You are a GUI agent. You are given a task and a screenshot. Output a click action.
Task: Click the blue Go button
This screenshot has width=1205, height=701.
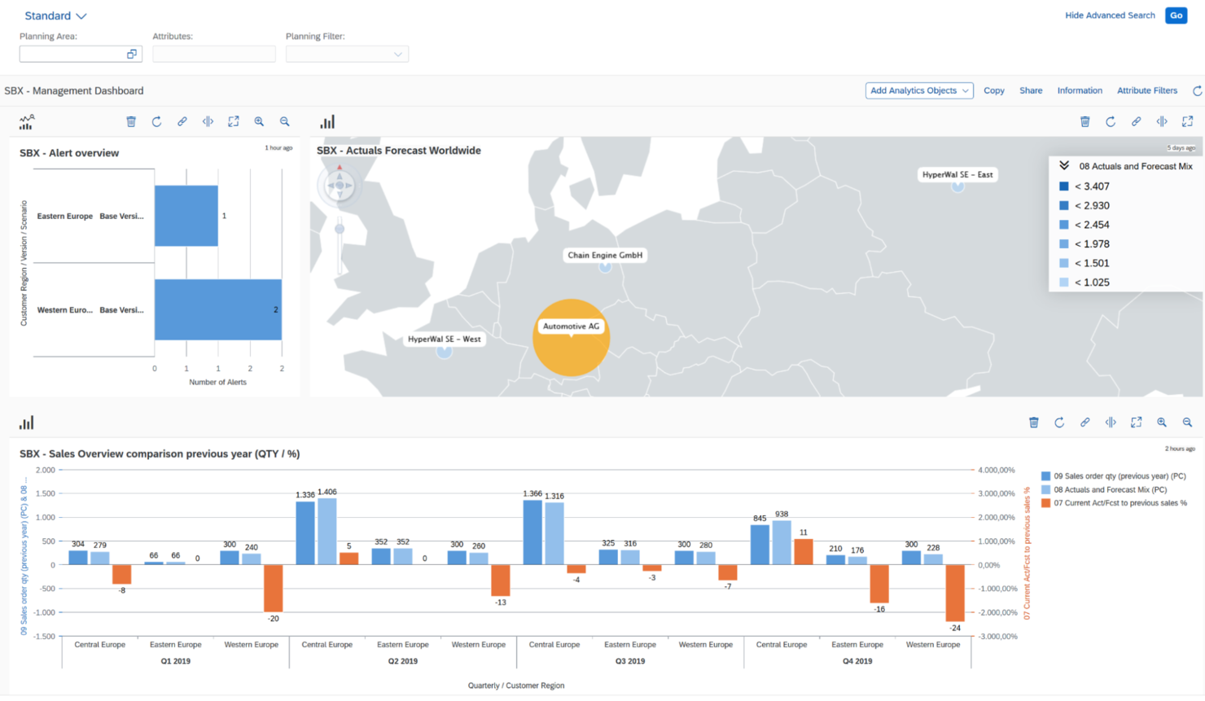[1176, 15]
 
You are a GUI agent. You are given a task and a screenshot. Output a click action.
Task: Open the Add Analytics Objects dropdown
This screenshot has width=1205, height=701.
[918, 90]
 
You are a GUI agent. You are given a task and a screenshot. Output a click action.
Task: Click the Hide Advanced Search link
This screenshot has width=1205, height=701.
[1110, 15]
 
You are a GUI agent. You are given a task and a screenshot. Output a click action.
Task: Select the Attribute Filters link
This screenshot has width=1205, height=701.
[1146, 90]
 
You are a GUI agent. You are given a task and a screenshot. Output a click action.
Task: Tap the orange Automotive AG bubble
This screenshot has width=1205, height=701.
[571, 346]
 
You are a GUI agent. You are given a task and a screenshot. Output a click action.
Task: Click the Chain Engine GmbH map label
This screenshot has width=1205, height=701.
[605, 255]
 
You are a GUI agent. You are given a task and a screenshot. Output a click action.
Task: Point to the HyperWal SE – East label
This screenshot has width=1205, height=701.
[957, 174]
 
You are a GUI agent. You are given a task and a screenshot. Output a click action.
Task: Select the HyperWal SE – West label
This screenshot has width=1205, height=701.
[444, 339]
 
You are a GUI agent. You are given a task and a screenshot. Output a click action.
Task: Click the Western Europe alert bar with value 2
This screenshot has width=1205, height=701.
[217, 309]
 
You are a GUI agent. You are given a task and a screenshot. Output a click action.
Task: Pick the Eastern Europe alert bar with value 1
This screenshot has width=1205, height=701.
[186, 216]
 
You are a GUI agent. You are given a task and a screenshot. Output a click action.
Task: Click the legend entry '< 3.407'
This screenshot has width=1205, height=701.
[1091, 186]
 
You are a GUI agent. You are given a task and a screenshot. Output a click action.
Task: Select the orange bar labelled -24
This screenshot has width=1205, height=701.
[955, 593]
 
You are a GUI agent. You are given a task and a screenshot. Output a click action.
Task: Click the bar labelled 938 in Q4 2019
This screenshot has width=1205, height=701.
[782, 542]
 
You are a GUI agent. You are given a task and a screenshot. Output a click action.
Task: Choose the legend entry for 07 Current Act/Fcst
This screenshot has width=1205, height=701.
[1120, 503]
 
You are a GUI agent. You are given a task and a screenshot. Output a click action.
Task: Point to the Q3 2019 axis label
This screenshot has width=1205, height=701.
[630, 661]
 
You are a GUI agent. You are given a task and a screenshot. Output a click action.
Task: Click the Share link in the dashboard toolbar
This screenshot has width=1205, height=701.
[1031, 90]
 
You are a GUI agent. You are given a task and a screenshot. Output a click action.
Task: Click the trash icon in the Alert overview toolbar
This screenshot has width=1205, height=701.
[131, 121]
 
